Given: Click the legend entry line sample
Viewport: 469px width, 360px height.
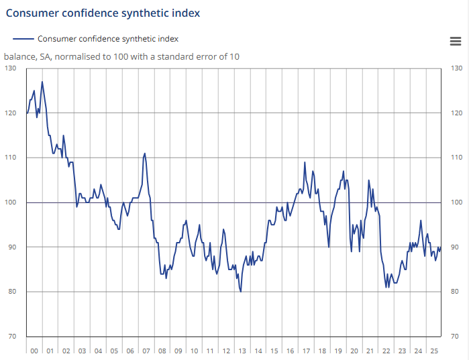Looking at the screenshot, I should (x=23, y=39).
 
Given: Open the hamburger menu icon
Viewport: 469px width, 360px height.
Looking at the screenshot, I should (x=455, y=41).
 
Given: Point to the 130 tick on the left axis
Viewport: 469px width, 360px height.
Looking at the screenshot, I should (x=11, y=68).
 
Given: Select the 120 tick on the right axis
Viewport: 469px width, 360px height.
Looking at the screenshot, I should (x=456, y=113).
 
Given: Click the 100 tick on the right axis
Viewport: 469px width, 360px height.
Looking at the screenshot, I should (x=456, y=202).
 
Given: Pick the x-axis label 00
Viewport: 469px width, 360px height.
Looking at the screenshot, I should (x=34, y=351).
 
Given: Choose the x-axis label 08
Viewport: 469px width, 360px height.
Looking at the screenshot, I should (x=162, y=351).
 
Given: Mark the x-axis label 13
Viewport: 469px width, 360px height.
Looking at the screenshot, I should (x=242, y=351).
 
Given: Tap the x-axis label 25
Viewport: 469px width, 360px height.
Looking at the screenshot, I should (x=433, y=351).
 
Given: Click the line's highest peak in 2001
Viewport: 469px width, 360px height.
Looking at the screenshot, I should (x=42, y=82).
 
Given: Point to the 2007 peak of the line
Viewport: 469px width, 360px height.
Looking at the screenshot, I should (x=145, y=154).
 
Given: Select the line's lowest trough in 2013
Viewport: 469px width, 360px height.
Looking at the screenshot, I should (x=241, y=292).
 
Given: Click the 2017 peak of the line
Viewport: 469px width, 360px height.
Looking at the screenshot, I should (x=305, y=162).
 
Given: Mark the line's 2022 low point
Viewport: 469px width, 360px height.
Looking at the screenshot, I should (x=387, y=287).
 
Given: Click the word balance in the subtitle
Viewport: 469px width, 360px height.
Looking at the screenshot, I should (x=18, y=56).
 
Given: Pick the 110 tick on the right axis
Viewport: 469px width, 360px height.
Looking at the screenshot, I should (x=456, y=158).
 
